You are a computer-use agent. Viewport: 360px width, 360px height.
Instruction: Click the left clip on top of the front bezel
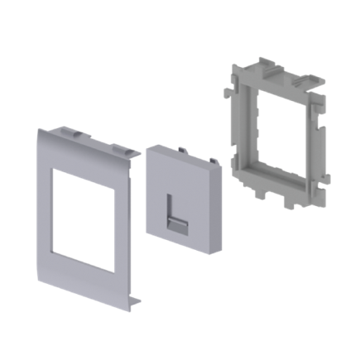(74, 131)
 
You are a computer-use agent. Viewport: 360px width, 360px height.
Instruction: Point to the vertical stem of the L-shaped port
(168, 205)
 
